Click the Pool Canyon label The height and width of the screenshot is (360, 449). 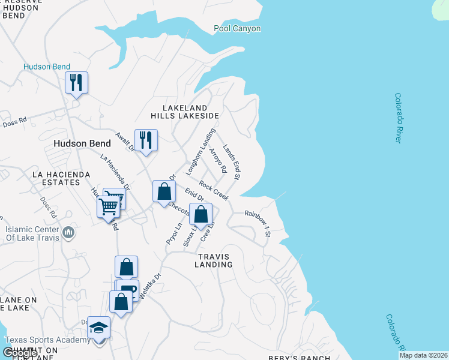pos(238,28)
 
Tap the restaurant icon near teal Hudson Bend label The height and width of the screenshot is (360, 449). pos(76,82)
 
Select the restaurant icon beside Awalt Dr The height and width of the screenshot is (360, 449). pos(146,140)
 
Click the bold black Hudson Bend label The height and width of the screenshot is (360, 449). pos(82,143)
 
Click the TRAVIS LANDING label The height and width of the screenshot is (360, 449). pos(214,260)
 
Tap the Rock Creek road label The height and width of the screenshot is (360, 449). pos(214,191)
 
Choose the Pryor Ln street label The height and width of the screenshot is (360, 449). pos(173,233)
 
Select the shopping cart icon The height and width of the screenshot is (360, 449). pos(109,206)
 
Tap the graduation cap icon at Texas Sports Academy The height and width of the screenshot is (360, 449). pos(99,328)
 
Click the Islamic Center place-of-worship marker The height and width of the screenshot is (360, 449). pos(68,232)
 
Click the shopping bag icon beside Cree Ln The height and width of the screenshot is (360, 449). pos(201,214)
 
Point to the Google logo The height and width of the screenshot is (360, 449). pos(19,353)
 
